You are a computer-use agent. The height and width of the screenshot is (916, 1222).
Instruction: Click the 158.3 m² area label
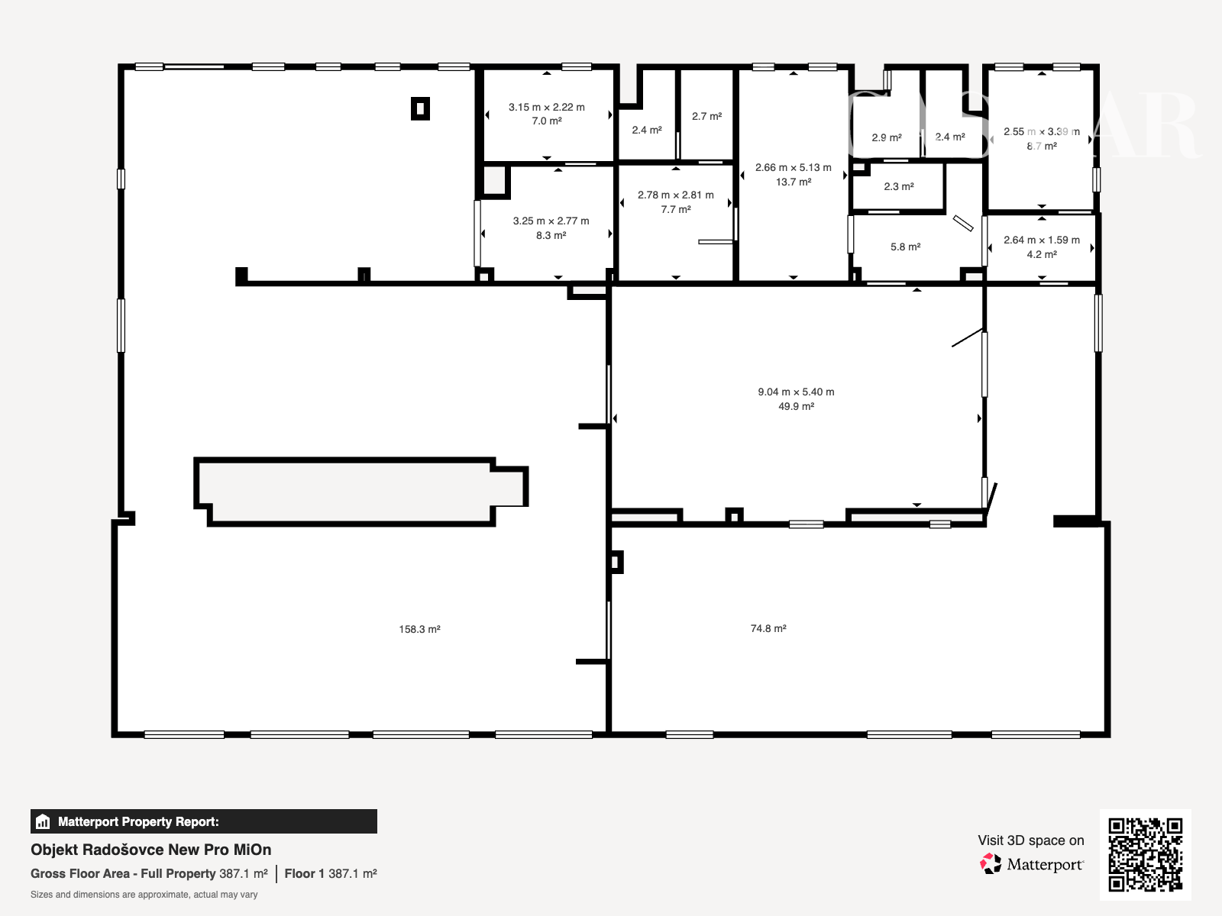click(419, 629)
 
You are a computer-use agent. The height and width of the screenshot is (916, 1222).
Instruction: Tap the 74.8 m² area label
click(768, 628)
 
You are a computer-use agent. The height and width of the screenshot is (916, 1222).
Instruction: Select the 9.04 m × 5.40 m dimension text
click(796, 392)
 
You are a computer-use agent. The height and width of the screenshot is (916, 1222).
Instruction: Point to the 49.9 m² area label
click(796, 406)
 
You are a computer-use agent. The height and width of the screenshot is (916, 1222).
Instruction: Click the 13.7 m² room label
click(794, 182)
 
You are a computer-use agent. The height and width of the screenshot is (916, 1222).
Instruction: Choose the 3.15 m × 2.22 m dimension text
click(547, 107)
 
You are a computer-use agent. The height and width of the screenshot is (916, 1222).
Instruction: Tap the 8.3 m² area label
click(551, 235)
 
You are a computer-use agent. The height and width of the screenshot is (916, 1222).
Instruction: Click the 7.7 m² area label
click(676, 209)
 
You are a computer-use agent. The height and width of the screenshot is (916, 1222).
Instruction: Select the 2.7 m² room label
click(707, 116)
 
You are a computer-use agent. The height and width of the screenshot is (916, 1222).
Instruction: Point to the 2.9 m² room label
click(887, 137)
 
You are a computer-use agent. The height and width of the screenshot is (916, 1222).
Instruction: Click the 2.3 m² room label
click(899, 186)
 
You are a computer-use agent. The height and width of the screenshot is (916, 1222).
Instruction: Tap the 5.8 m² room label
click(906, 247)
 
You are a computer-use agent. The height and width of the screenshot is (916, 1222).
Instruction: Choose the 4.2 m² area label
click(1042, 254)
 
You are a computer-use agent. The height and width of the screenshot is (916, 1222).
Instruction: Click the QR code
click(1145, 855)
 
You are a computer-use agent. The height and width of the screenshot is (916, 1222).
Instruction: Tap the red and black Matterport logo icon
click(991, 864)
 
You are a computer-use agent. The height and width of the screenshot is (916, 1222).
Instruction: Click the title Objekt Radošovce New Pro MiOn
click(151, 850)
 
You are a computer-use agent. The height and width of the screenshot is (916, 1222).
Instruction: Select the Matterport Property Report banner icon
click(43, 821)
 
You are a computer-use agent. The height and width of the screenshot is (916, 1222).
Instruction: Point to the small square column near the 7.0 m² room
click(420, 108)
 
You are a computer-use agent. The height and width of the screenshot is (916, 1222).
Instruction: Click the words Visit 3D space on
click(1031, 840)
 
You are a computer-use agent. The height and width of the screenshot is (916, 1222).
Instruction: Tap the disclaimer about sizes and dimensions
click(144, 895)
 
